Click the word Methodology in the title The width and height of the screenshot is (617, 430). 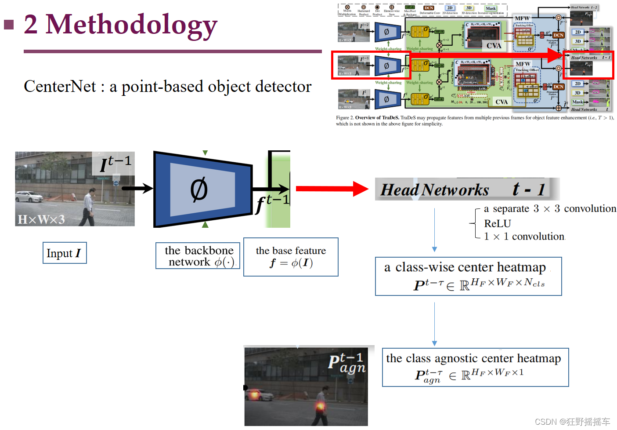[x=132, y=25]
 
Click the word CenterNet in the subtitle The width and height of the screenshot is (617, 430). [x=60, y=87]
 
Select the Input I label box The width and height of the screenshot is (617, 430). [x=65, y=253]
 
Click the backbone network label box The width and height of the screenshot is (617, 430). [x=198, y=256]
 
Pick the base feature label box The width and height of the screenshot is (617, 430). [x=291, y=257]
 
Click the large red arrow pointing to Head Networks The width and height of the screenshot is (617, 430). [x=332, y=189]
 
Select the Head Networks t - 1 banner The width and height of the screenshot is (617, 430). [x=467, y=189]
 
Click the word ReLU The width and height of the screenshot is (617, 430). [x=497, y=223]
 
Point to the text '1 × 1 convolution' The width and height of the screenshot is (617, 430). [x=524, y=237]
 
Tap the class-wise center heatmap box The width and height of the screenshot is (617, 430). [x=468, y=276]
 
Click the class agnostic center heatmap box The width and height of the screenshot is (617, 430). [x=475, y=367]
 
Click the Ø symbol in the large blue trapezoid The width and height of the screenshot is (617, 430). [x=199, y=190]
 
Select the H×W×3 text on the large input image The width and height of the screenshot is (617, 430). [x=41, y=219]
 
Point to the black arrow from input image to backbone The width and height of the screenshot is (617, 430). [x=137, y=188]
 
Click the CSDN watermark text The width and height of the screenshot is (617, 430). [x=572, y=422]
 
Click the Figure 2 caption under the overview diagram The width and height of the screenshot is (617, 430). [x=474, y=120]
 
